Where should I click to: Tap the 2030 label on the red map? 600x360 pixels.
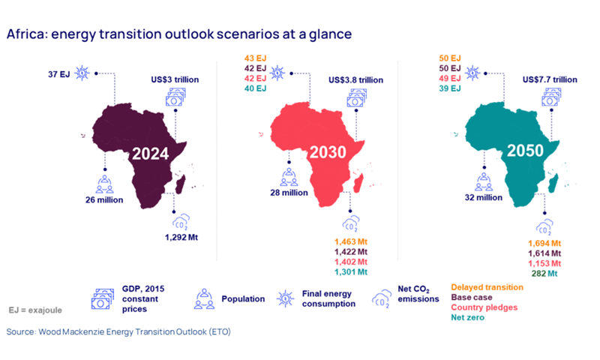325,153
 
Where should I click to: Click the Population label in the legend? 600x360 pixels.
243,298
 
